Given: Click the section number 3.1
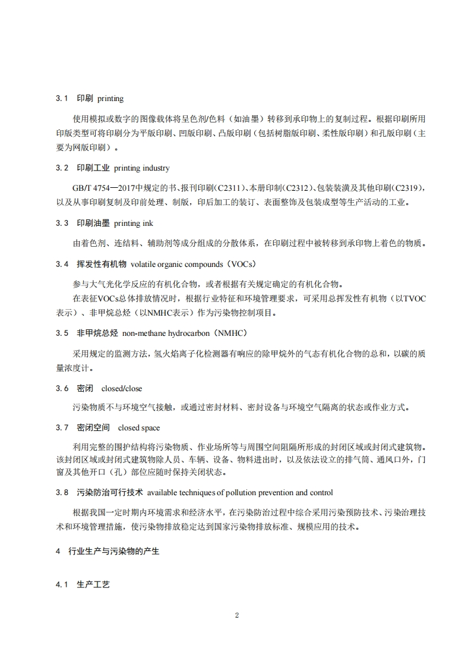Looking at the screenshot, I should pyautogui.click(x=62, y=98).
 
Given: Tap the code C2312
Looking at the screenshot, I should pyautogui.click(x=300, y=188).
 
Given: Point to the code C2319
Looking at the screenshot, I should pyautogui.click(x=409, y=188).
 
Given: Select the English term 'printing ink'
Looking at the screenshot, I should pyautogui.click(x=134, y=223).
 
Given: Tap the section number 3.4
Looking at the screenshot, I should pyautogui.click(x=62, y=263).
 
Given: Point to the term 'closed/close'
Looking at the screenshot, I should pyautogui.click(x=122, y=388).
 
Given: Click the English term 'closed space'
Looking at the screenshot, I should pyautogui.click(x=138, y=427).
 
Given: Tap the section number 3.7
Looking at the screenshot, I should pyautogui.click(x=62, y=427).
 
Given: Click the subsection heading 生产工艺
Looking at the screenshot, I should pyautogui.click(x=93, y=585).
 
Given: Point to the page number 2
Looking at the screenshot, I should pyautogui.click(x=236, y=615).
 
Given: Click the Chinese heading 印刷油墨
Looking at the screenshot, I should pyautogui.click(x=93, y=223).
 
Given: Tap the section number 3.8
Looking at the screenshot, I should pyautogui.click(x=62, y=492).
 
